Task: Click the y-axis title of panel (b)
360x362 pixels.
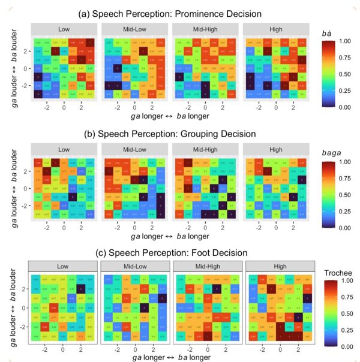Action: [13, 188]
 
